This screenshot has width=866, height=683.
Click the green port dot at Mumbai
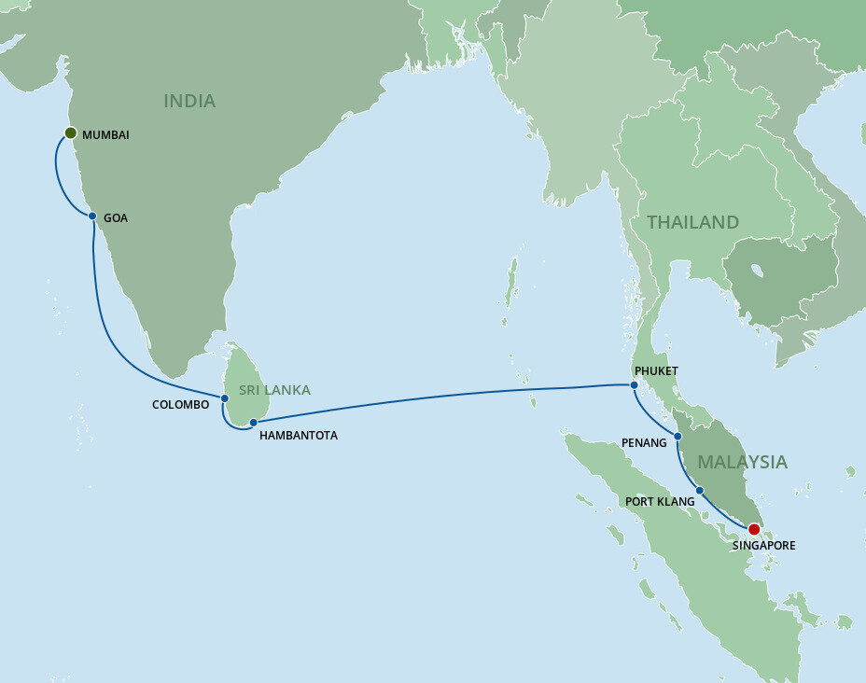pyautogui.click(x=69, y=134)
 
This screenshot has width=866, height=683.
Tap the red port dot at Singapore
pyautogui.click(x=754, y=529)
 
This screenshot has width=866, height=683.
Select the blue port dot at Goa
pyautogui.click(x=92, y=216)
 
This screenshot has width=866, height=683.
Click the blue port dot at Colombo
pyautogui.click(x=225, y=398)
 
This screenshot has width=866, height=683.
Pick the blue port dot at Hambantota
pyautogui.click(x=253, y=423)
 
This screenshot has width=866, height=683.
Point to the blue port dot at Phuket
pyautogui.click(x=634, y=384)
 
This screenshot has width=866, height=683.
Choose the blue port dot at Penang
pyautogui.click(x=677, y=436)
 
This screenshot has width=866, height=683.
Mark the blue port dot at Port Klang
pyautogui.click(x=700, y=490)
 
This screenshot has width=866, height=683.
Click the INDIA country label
pyautogui.click(x=189, y=101)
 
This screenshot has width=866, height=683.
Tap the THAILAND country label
pyautogui.click(x=692, y=222)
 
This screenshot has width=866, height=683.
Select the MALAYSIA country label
pyautogui.click(x=742, y=462)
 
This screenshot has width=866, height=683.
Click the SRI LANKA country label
pyautogui.click(x=274, y=390)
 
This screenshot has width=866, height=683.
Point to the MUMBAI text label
pyautogui.click(x=105, y=135)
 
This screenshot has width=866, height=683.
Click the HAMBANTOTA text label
pyautogui.click(x=299, y=435)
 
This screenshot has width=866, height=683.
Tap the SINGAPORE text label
pyautogui.click(x=764, y=545)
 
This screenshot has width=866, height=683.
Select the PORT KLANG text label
pyautogui.click(x=659, y=502)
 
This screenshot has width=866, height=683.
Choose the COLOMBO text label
pyautogui.click(x=180, y=405)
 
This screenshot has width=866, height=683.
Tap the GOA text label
pyautogui.click(x=116, y=217)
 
